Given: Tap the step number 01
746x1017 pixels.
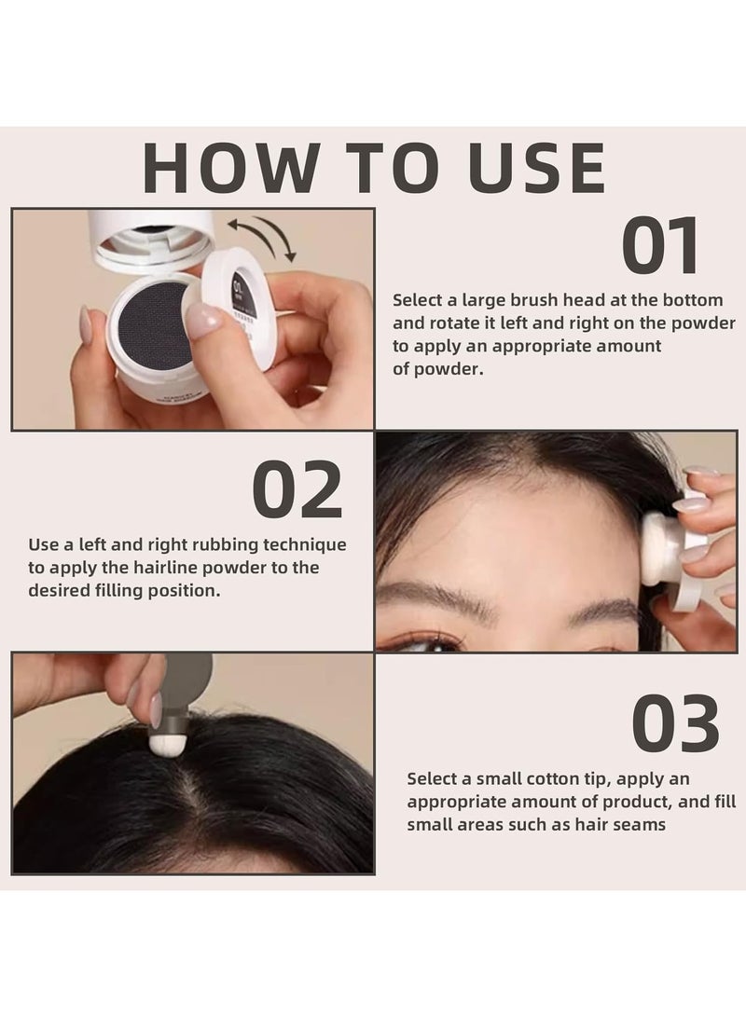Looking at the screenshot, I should click(x=660, y=247).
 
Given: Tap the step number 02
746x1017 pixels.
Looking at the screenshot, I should click(x=297, y=491).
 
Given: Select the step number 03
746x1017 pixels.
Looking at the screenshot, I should click(x=675, y=724).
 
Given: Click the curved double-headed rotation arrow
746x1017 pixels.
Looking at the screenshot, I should click(x=264, y=236).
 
